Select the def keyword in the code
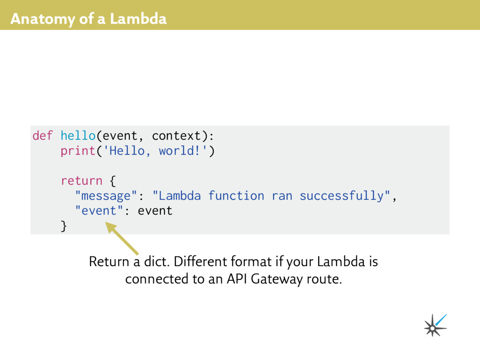click(x=43, y=136)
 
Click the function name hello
click(x=78, y=136)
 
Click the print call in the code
click(x=78, y=151)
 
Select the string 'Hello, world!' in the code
click(x=155, y=151)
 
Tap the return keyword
click(x=82, y=181)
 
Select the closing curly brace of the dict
click(x=64, y=226)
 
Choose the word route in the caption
click(x=324, y=279)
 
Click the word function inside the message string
click(x=236, y=196)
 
